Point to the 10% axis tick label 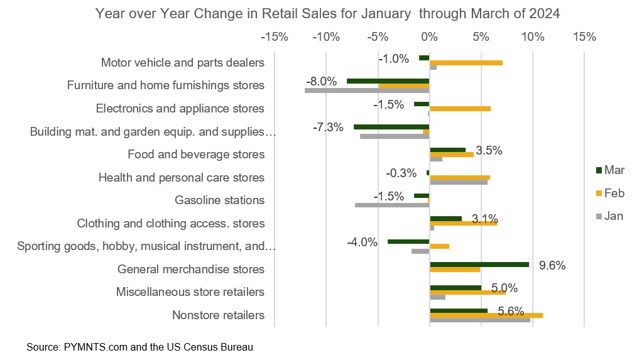532,37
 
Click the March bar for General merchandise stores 479,265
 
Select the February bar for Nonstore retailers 486,315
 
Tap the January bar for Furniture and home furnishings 367,90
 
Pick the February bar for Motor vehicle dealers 465,63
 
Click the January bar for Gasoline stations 392,205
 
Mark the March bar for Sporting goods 408,241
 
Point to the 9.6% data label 553,265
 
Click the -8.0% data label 322,81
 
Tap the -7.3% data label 328,128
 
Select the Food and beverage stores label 195,155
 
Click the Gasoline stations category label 219,200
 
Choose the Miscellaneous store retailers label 190,292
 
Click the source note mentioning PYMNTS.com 139,347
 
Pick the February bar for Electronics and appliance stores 460,109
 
